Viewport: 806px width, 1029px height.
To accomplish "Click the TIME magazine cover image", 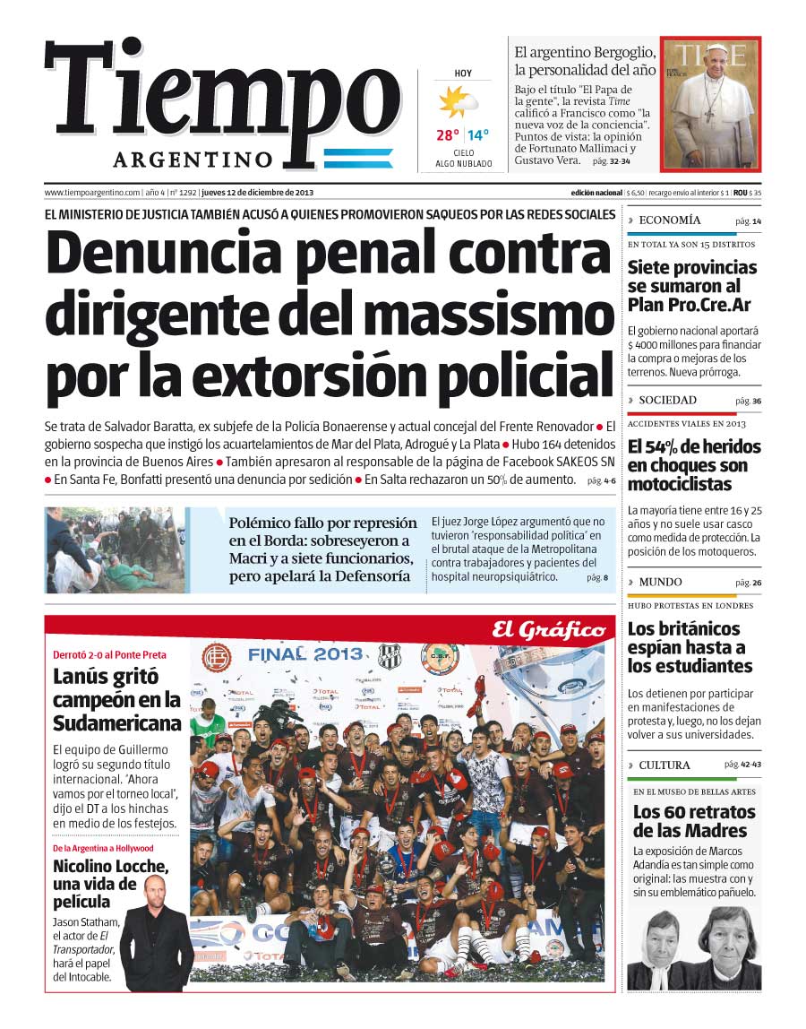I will pyautogui.click(x=710, y=104).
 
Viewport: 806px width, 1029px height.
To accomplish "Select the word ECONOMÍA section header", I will pyautogui.click(x=670, y=220).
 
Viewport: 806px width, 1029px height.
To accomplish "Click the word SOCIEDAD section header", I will pyautogui.click(x=667, y=401).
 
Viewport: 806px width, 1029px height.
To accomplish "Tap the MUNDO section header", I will pyautogui.click(x=660, y=583).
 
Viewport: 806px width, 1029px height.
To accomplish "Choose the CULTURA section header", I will pyautogui.click(x=665, y=765).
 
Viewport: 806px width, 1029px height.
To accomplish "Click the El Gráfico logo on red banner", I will pyautogui.click(x=548, y=630).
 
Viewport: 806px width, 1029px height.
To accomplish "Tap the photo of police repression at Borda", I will pyautogui.click(x=116, y=550).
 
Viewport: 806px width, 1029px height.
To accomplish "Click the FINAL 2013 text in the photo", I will pyautogui.click(x=305, y=653).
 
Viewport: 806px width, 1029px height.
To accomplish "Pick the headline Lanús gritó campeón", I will pyautogui.click(x=116, y=700).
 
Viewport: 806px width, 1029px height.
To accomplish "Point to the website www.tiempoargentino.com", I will pyautogui.click(x=92, y=193).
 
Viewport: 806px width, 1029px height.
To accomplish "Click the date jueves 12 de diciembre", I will pyautogui.click(x=257, y=193).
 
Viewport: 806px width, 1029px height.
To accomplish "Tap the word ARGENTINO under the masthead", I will pyautogui.click(x=193, y=160).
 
